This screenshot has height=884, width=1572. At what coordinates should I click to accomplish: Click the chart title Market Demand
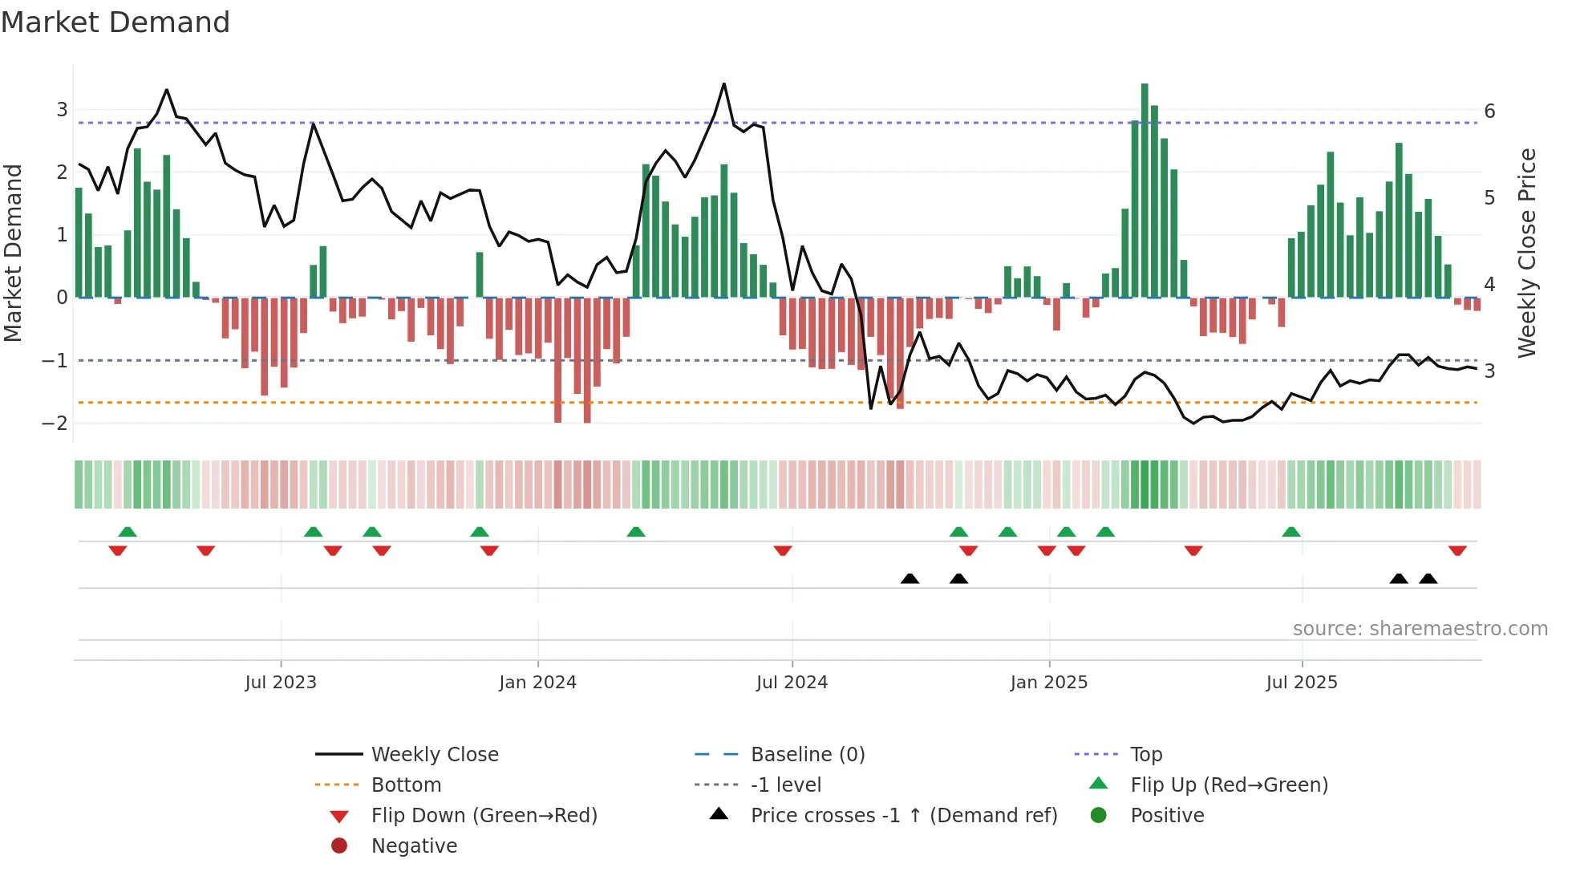115,22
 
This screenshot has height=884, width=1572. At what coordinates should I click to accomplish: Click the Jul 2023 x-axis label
281,683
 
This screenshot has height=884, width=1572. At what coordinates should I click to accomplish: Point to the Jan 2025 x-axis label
1048,683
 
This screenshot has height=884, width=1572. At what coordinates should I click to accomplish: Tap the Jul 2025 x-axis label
1302,683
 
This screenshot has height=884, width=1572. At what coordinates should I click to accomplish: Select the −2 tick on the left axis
55,423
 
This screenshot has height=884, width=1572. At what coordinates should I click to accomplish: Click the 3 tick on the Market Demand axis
62,110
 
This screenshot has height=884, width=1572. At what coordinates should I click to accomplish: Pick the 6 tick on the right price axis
1489,111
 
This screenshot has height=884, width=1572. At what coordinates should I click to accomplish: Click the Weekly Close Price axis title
1527,253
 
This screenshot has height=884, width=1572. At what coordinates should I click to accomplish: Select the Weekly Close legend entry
434,755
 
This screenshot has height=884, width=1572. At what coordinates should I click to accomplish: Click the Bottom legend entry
406,785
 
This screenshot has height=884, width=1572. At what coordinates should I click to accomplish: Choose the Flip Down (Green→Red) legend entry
484,816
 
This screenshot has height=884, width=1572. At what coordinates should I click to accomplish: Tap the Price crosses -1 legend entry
904,816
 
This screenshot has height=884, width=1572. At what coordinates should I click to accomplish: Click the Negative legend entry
414,846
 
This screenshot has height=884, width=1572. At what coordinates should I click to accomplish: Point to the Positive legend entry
1167,816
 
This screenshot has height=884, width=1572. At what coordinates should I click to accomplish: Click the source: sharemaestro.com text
1420,629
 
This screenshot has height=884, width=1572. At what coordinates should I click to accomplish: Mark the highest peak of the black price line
724,84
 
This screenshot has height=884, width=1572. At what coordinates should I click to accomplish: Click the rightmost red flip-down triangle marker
1457,550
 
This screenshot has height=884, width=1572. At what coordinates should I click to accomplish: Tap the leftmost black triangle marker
910,578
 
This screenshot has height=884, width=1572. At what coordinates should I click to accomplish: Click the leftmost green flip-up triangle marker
128,532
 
